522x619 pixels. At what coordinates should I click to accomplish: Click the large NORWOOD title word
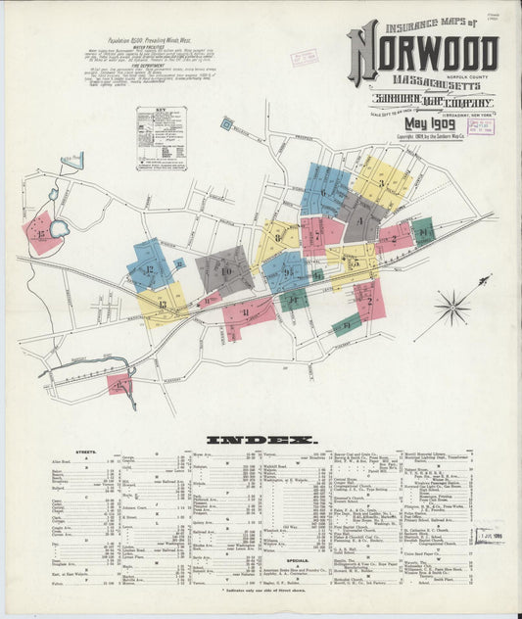422,53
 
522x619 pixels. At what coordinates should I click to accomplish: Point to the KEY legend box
162,138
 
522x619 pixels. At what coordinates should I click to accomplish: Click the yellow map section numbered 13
159,303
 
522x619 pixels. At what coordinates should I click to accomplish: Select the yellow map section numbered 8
279,237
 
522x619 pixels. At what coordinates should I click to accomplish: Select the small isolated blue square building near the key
226,123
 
